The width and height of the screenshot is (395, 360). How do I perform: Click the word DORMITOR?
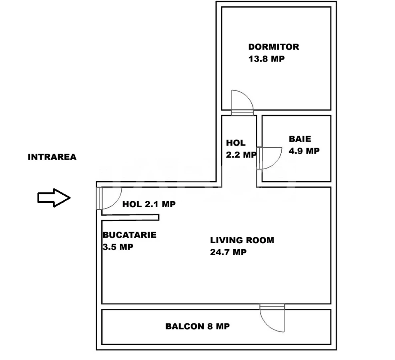(x=273, y=47)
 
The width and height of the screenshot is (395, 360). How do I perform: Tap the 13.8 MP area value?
(x=266, y=59)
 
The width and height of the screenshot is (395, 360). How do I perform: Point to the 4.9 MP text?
(x=304, y=151)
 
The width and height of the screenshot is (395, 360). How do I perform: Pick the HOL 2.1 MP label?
(x=149, y=204)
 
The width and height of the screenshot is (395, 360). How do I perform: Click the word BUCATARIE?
(x=129, y=235)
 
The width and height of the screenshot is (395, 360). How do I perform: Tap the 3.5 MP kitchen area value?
(x=118, y=247)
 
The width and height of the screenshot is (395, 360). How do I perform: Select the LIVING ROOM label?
(x=242, y=240)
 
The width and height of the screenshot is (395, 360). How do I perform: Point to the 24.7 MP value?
(x=228, y=252)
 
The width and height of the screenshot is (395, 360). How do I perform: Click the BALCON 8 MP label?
(x=197, y=326)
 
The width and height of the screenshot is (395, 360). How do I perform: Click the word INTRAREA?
(x=52, y=157)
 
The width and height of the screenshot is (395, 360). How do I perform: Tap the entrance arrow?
(x=54, y=198)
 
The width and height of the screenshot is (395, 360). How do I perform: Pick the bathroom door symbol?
(x=269, y=158)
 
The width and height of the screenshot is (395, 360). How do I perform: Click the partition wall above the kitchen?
(x=130, y=217)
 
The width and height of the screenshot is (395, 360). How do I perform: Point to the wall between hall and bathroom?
(x=259, y=132)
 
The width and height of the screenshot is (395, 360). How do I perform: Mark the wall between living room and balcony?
(x=180, y=306)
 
